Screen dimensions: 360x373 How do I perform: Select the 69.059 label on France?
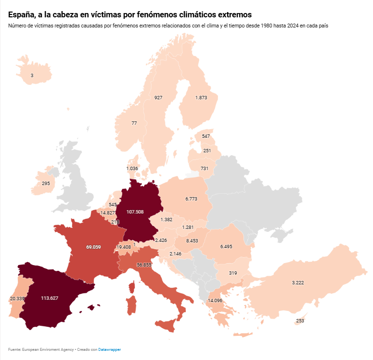93,247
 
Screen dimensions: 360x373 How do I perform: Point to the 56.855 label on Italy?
144,265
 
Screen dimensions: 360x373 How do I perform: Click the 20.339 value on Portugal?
17,299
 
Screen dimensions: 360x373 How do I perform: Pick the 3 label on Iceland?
32,76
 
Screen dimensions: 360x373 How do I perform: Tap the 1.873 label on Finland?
201,97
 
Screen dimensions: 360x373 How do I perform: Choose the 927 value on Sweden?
158,97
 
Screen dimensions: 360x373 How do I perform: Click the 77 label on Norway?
134,123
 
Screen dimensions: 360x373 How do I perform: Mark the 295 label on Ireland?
46,184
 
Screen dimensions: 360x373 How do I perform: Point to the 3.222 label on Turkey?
298,282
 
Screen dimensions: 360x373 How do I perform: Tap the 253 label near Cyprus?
300,321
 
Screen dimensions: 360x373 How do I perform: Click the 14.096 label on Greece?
215,301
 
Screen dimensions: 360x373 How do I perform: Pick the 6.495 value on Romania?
226,246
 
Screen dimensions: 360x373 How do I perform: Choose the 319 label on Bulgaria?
233,273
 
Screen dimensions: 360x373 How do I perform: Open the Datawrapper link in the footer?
110,349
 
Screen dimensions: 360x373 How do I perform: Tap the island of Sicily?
167,325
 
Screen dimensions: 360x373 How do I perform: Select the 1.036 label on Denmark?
132,168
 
